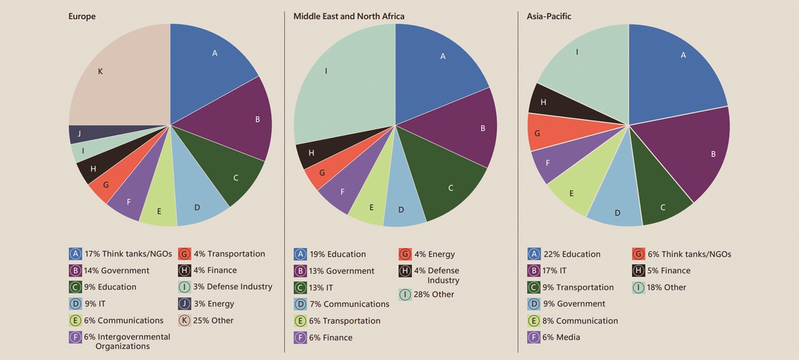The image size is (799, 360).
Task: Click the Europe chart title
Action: [x=82, y=16]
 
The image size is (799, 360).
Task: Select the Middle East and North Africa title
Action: [x=349, y=16]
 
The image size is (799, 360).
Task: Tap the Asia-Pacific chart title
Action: [x=548, y=16]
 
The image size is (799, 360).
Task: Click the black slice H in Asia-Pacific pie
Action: [x=544, y=103]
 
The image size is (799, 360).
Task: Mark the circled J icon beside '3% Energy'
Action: [x=184, y=304]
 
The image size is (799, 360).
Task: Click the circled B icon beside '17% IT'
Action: [x=534, y=271]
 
